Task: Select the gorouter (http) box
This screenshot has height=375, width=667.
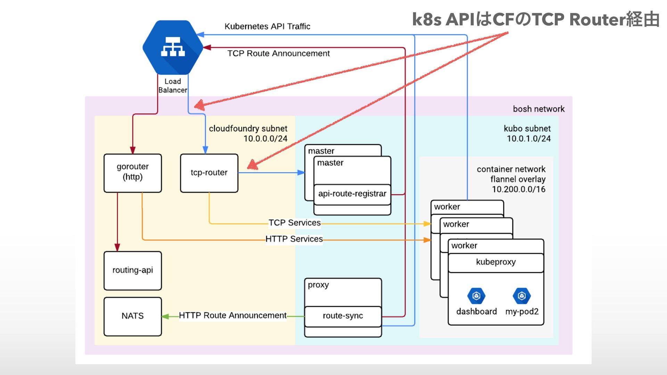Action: [133, 173]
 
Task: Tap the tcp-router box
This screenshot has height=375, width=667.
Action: [209, 173]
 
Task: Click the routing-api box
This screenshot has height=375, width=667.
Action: [133, 270]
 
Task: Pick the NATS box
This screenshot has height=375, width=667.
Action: [133, 316]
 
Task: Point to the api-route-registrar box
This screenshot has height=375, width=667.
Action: [352, 194]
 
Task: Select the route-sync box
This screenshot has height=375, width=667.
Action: [343, 316]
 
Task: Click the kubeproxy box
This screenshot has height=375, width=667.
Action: [496, 262]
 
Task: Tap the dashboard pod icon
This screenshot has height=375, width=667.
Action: [476, 296]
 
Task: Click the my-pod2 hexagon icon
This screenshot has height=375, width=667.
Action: [522, 296]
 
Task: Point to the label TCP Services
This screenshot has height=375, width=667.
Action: [295, 223]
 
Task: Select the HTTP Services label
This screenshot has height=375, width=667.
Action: [294, 239]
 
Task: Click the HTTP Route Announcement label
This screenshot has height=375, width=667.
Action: [233, 316]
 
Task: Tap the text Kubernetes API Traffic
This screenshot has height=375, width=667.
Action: [267, 26]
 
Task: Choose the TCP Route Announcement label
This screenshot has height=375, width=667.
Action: [279, 53]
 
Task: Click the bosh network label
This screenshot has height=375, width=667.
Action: [539, 109]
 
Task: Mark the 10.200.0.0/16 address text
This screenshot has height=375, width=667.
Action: [519, 190]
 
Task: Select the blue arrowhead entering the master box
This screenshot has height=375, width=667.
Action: [301, 173]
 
